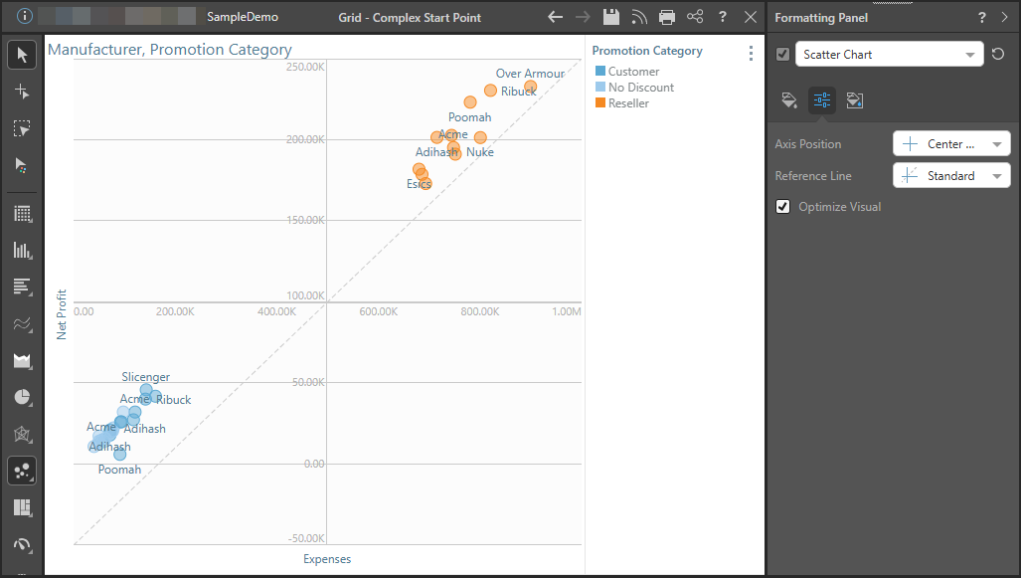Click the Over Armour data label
530,74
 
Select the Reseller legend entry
628,103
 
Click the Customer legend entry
633,72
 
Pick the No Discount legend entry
641,88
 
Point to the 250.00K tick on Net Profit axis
306,67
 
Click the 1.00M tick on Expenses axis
566,312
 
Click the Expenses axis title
327,559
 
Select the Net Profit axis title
62,314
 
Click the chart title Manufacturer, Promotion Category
170,50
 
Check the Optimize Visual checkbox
784,207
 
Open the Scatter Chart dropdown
890,55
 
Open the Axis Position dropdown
951,144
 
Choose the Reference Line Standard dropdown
951,176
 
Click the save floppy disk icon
610,17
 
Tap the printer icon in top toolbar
667,17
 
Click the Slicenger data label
146,377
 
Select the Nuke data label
480,152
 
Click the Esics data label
419,184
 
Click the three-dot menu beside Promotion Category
751,54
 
